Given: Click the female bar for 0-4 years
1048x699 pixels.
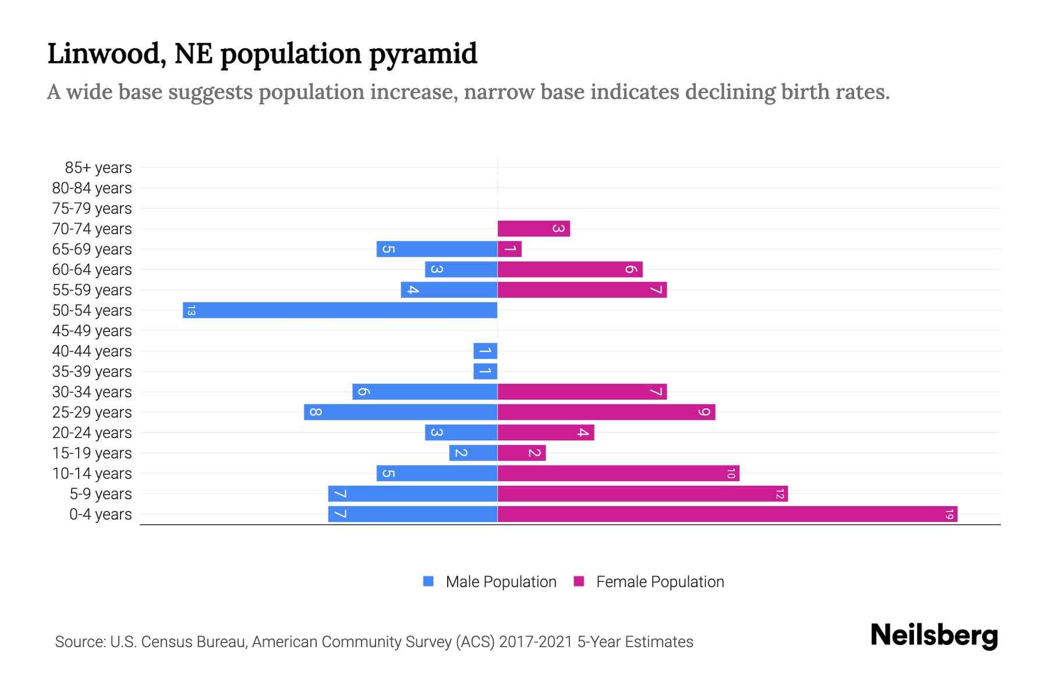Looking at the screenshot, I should [727, 514].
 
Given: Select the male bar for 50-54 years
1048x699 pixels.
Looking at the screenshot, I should [340, 310].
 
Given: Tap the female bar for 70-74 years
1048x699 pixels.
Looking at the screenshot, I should [533, 229].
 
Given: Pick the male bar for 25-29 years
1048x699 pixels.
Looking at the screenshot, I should [401, 412].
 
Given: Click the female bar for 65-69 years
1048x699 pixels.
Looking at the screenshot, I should [509, 249].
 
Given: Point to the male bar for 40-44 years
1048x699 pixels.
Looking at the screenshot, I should [485, 351].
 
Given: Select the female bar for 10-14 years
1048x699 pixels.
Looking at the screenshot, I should [618, 474].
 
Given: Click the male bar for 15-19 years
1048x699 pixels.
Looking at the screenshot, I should [473, 453].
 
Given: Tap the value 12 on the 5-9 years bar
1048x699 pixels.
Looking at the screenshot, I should [780, 494].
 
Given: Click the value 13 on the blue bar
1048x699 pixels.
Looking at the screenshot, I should [191, 310].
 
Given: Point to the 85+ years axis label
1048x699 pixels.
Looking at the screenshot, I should [98, 168].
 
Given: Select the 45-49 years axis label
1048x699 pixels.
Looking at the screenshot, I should [92, 331].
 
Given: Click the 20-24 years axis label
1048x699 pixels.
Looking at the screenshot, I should [92, 433].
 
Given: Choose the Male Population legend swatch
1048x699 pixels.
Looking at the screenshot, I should [429, 581].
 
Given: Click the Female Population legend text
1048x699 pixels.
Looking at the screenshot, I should [660, 582].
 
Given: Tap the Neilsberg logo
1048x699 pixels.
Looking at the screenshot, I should [934, 636].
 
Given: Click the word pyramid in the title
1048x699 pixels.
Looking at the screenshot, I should [423, 54].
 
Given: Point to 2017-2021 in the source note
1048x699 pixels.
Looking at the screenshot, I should [536, 642].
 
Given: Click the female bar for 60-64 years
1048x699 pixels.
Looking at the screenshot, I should [570, 270].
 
